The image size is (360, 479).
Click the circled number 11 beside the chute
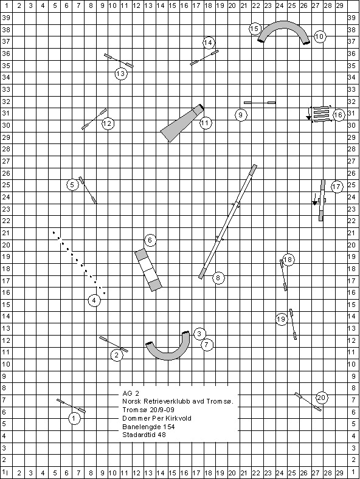point(206,123)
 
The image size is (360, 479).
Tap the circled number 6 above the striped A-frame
point(150,240)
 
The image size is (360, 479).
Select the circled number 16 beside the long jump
point(338,115)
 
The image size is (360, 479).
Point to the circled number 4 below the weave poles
point(94,301)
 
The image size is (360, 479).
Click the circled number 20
point(321,398)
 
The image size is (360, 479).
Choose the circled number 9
point(241,115)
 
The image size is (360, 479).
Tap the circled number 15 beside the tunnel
point(255,29)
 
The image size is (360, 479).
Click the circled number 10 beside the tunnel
point(319,36)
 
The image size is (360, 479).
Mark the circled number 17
point(336,187)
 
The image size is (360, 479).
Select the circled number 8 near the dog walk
point(218,278)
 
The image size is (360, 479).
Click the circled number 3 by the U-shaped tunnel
point(199,334)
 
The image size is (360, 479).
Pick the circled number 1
point(74,418)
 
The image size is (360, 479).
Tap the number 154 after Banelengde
point(169,427)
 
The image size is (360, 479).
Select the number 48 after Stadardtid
point(161,435)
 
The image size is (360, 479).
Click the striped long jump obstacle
point(320,114)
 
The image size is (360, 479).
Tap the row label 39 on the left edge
point(6,18)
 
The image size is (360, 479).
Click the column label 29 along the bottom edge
point(339,473)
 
